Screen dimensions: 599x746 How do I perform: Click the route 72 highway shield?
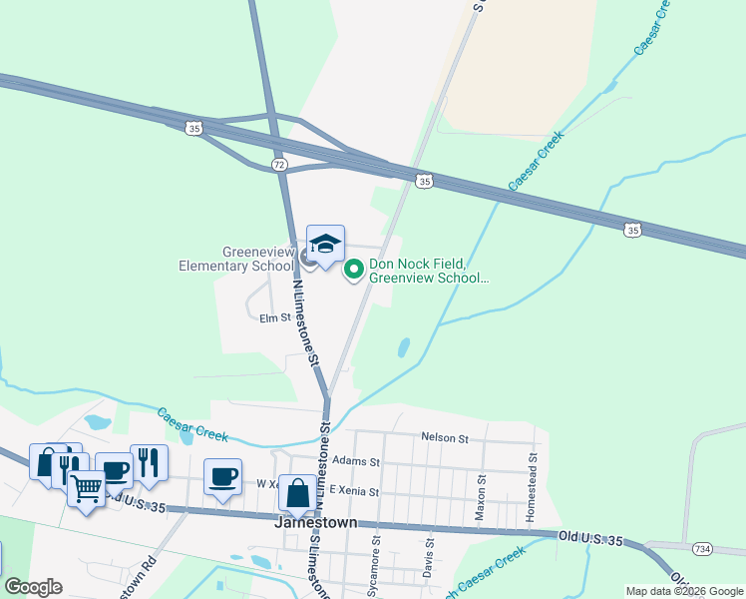279,162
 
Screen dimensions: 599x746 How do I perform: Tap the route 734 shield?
703,549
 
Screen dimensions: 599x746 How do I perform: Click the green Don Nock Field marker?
353,269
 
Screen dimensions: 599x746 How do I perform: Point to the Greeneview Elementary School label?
236,259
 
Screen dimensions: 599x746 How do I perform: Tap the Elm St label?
273,318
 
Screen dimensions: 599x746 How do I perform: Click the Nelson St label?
444,438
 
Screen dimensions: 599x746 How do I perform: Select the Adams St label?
357,462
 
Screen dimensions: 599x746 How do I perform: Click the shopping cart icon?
87,489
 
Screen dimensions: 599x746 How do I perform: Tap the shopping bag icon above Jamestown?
297,492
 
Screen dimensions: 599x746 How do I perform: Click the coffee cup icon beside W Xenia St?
222,475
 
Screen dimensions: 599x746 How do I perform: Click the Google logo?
33,587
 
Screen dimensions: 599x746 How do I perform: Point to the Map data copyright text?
684,591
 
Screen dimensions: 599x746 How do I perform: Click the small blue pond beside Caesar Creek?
403,347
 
